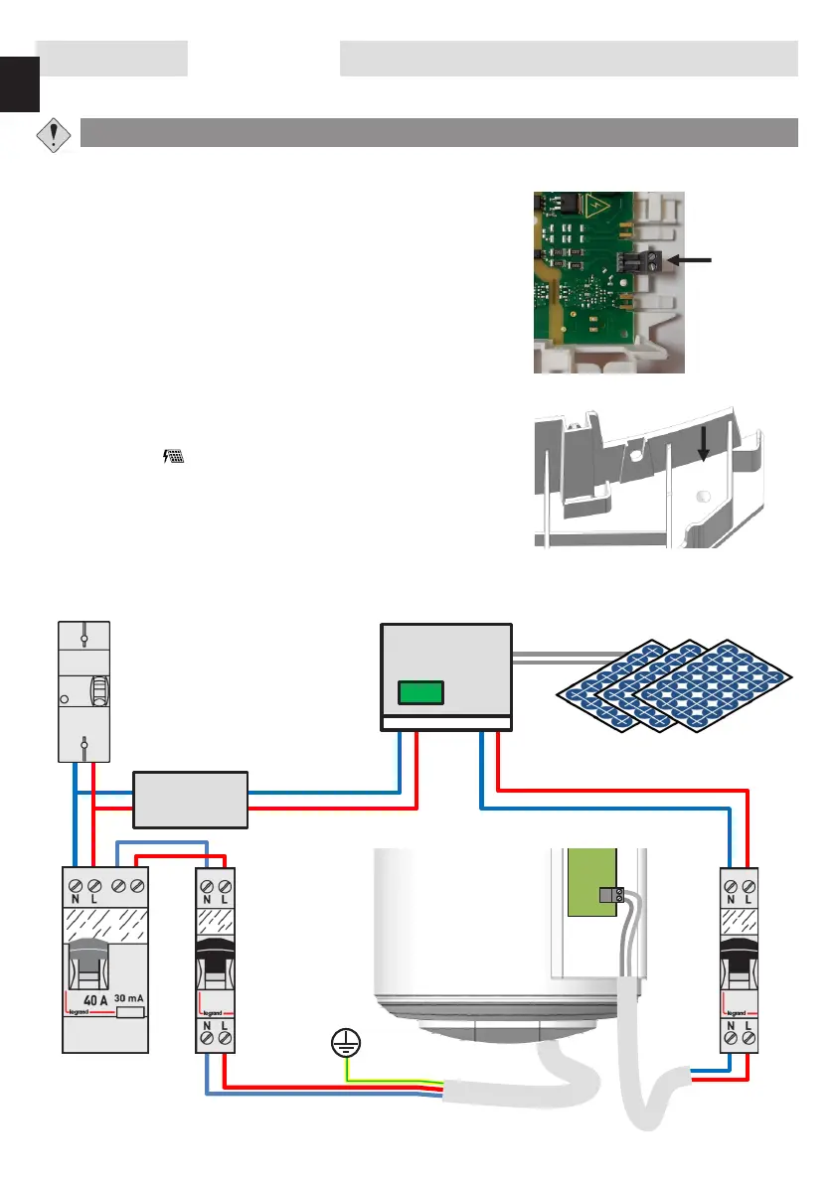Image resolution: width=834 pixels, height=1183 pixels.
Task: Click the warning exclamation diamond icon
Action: tap(53, 134)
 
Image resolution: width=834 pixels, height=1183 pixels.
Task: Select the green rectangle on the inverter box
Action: tap(420, 691)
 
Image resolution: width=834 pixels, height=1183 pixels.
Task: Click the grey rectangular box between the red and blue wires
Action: tap(190, 800)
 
